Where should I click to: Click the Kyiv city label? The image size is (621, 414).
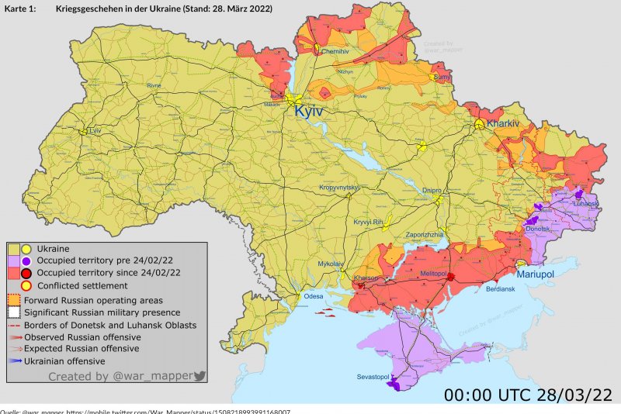tap(308, 113)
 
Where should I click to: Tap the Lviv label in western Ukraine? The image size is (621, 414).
tap(95, 131)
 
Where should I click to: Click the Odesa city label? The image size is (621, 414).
tap(313, 296)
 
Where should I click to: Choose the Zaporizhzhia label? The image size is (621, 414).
tap(425, 234)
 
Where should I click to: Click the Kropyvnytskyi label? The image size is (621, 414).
tap(340, 188)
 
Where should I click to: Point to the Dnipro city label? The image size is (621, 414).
tap(432, 190)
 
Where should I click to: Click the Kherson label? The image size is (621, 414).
tap(366, 278)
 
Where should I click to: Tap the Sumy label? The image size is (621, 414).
tap(443, 78)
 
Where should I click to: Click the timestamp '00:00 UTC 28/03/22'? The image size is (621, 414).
tap(529, 394)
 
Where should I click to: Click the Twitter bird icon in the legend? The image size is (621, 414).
tap(199, 376)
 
